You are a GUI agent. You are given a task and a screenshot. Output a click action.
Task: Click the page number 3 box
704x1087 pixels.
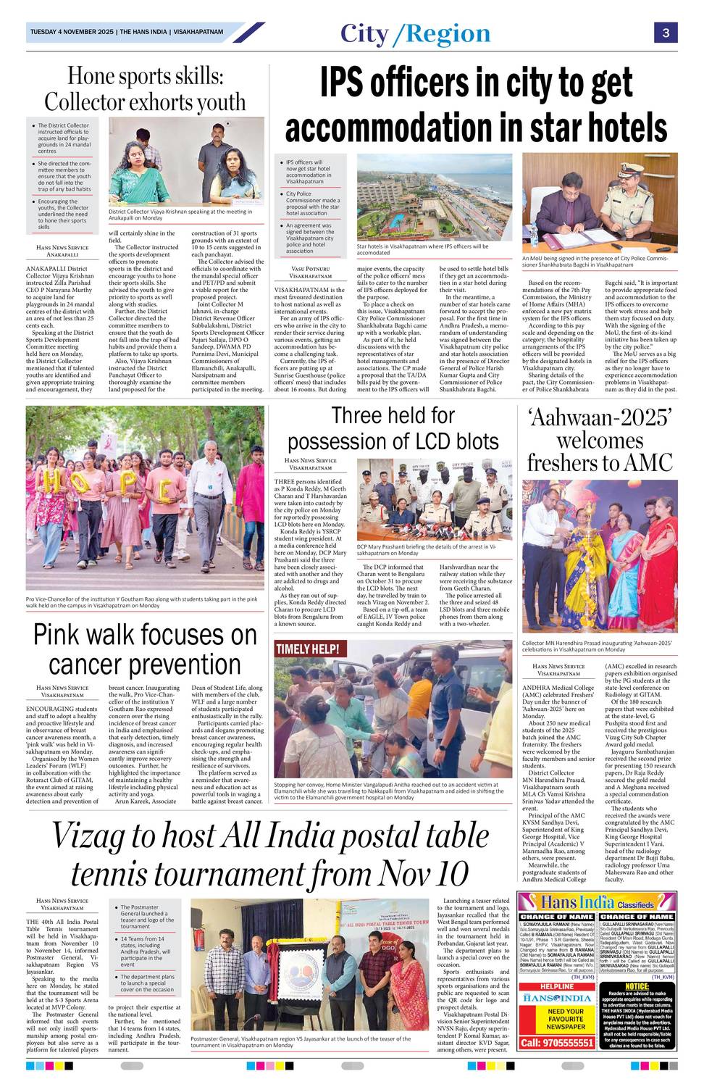tap(665, 33)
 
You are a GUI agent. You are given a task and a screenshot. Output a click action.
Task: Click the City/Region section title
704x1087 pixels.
tap(415, 33)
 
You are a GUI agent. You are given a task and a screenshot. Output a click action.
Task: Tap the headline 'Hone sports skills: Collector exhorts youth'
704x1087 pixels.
tap(145, 88)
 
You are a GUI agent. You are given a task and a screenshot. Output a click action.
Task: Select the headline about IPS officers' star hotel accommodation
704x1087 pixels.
tap(476, 106)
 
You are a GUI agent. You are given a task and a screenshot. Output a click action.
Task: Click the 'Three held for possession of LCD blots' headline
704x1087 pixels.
tap(393, 428)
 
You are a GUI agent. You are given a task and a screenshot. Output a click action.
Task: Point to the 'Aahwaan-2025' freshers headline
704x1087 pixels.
tap(600, 440)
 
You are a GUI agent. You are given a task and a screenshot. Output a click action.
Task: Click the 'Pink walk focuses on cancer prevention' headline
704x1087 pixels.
tap(145, 649)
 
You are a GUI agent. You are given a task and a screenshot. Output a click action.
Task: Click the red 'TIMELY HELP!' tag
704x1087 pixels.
tap(308, 649)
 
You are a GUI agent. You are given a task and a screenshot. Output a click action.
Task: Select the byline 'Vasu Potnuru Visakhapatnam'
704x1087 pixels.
tap(310, 272)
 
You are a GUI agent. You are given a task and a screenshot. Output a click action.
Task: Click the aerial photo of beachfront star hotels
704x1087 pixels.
tap(434, 197)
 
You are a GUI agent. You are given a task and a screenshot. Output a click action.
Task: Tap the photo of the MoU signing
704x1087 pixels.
tap(600, 202)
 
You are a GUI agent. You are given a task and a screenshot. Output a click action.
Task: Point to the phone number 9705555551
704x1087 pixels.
tap(558, 1043)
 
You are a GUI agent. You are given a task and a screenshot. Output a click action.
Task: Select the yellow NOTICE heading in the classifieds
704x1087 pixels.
tap(637, 986)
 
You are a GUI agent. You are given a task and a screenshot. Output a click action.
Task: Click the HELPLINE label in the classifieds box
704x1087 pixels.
tap(557, 986)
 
